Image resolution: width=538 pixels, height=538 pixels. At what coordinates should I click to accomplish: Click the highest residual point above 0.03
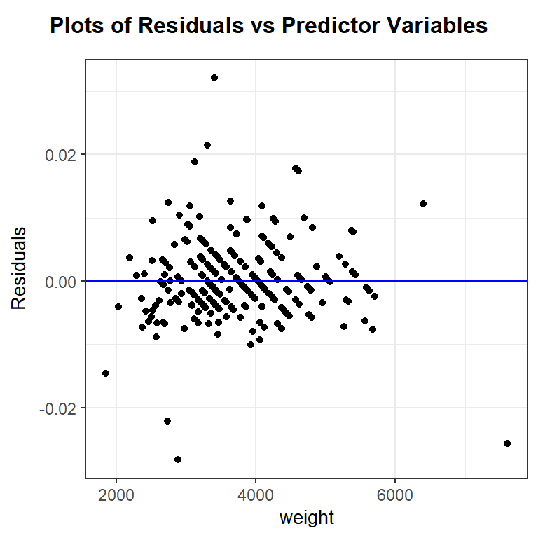[214, 78]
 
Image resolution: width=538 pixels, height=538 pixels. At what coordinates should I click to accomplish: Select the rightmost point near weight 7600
[507, 443]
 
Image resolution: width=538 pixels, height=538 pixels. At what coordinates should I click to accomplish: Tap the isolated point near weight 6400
[423, 204]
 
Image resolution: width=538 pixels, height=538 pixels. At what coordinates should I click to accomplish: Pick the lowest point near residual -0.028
[178, 460]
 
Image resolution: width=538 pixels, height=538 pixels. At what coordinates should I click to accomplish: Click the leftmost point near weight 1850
[106, 373]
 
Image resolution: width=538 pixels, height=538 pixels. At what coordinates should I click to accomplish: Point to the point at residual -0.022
[167, 421]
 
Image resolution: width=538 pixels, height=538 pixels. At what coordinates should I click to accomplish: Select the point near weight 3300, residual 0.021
[207, 145]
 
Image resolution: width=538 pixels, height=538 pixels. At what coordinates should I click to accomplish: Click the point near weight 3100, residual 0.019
[195, 162]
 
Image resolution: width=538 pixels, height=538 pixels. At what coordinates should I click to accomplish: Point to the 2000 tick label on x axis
[116, 493]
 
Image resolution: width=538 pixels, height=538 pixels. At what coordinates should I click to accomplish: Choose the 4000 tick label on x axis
[256, 493]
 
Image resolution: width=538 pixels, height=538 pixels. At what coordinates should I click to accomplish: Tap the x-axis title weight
[307, 518]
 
